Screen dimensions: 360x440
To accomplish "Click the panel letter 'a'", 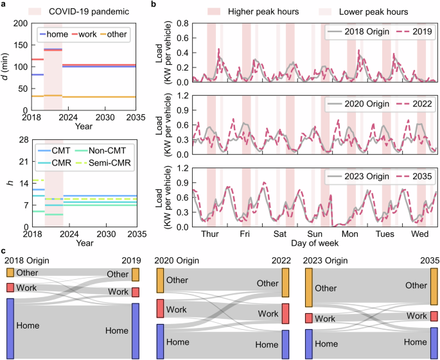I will point(4,4).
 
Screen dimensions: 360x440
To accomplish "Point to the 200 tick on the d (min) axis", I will point(21,23).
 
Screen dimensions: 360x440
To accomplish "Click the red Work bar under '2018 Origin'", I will point(10,287).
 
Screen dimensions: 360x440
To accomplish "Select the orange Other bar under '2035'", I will point(434,286).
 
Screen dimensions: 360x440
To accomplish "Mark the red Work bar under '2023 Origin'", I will point(308,318).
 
